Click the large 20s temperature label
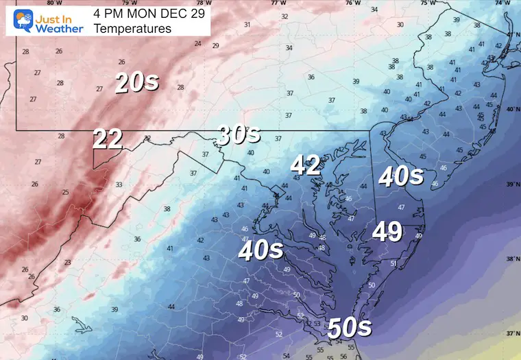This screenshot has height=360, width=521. (x=137, y=83)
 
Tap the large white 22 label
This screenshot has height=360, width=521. (x=108, y=139)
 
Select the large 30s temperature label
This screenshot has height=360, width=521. (x=238, y=135)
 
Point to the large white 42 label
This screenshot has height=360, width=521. (x=306, y=165)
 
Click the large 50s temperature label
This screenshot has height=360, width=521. (x=350, y=327)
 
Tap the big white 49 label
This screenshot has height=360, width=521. (x=387, y=232)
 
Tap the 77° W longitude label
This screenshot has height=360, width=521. (x=278, y=3)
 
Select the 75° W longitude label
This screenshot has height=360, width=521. (x=428, y=3)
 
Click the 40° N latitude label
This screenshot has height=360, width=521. (x=511, y=110)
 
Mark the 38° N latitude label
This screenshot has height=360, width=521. (x=511, y=259)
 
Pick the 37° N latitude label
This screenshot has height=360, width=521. (x=511, y=333)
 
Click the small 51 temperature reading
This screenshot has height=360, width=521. (x=393, y=263)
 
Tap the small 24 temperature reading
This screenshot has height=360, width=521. (x=197, y=44)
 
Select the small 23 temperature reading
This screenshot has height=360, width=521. (x=67, y=263)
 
